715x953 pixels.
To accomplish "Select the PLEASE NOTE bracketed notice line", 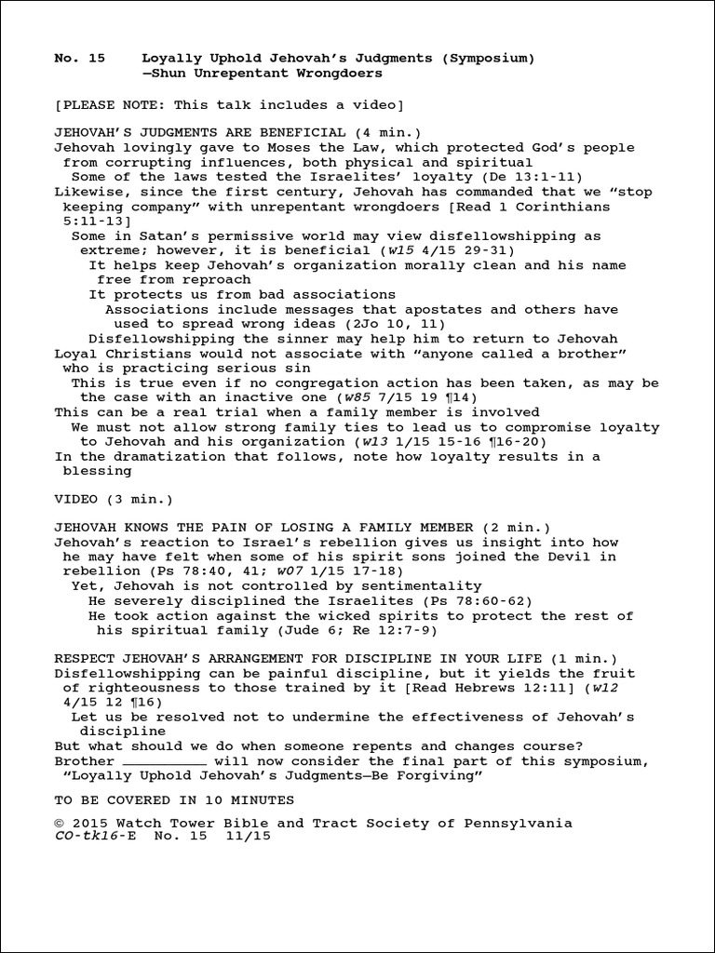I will pos(229,103).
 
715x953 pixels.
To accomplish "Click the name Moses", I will pos(263,148).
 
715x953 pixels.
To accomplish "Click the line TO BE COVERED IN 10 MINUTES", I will pos(175,800).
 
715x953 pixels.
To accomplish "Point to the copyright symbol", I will pos(60,824).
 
